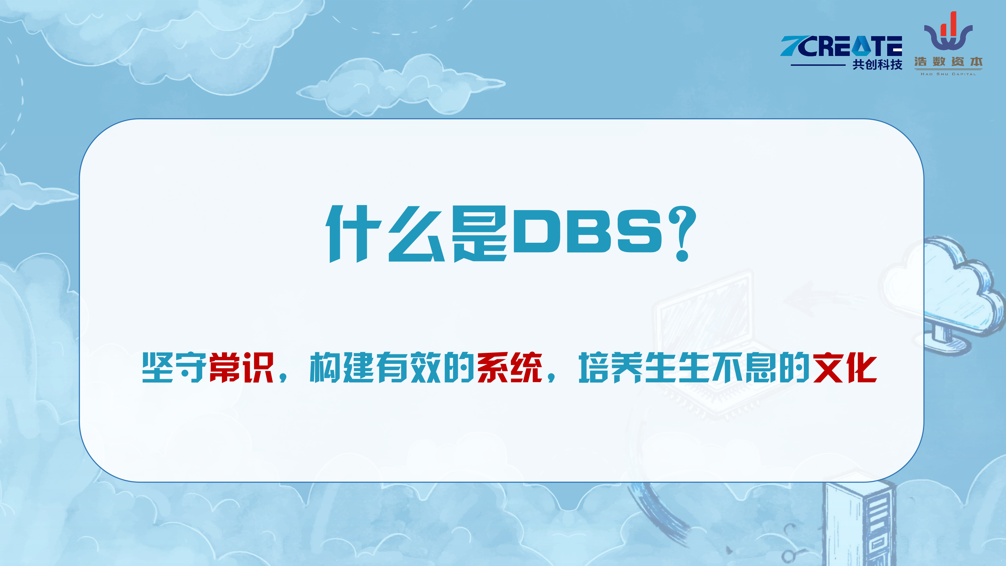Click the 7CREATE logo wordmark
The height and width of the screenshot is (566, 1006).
click(841, 46)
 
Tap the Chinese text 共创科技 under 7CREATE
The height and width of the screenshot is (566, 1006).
click(877, 64)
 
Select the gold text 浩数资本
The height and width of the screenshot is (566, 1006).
click(948, 62)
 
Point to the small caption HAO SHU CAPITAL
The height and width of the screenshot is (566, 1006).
click(948, 74)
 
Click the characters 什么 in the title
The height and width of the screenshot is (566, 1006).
click(385, 234)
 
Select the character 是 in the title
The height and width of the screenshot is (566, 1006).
click(479, 234)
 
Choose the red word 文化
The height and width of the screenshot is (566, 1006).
click(845, 367)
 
